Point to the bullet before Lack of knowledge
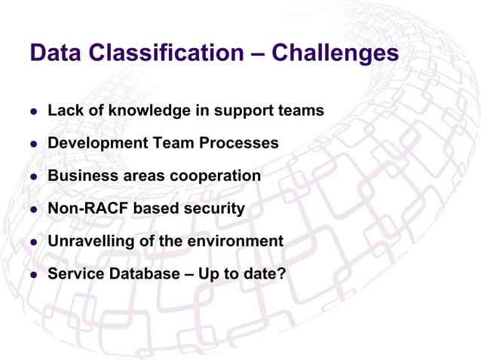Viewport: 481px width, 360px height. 33,112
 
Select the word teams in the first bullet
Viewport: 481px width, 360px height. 302,111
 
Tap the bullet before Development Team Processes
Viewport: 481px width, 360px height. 33,145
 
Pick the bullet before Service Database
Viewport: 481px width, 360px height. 33,276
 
